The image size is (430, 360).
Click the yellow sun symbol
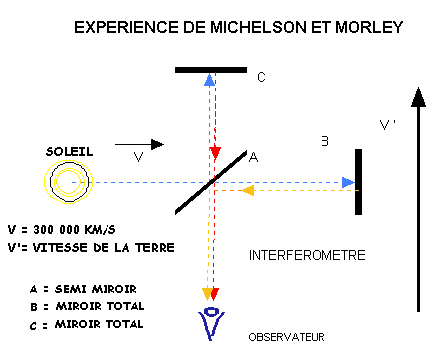67,182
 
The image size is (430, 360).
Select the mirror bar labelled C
210,70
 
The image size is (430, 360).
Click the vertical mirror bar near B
358,181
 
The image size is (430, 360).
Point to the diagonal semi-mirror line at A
211,181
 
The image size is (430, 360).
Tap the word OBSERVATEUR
287,336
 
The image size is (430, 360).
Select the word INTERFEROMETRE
307,256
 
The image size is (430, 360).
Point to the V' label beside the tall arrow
388,125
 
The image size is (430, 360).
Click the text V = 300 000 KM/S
63,227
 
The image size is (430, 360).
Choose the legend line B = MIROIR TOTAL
88,305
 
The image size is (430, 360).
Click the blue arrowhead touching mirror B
347,182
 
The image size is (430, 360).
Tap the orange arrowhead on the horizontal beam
249,190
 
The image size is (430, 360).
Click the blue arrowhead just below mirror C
209,80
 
